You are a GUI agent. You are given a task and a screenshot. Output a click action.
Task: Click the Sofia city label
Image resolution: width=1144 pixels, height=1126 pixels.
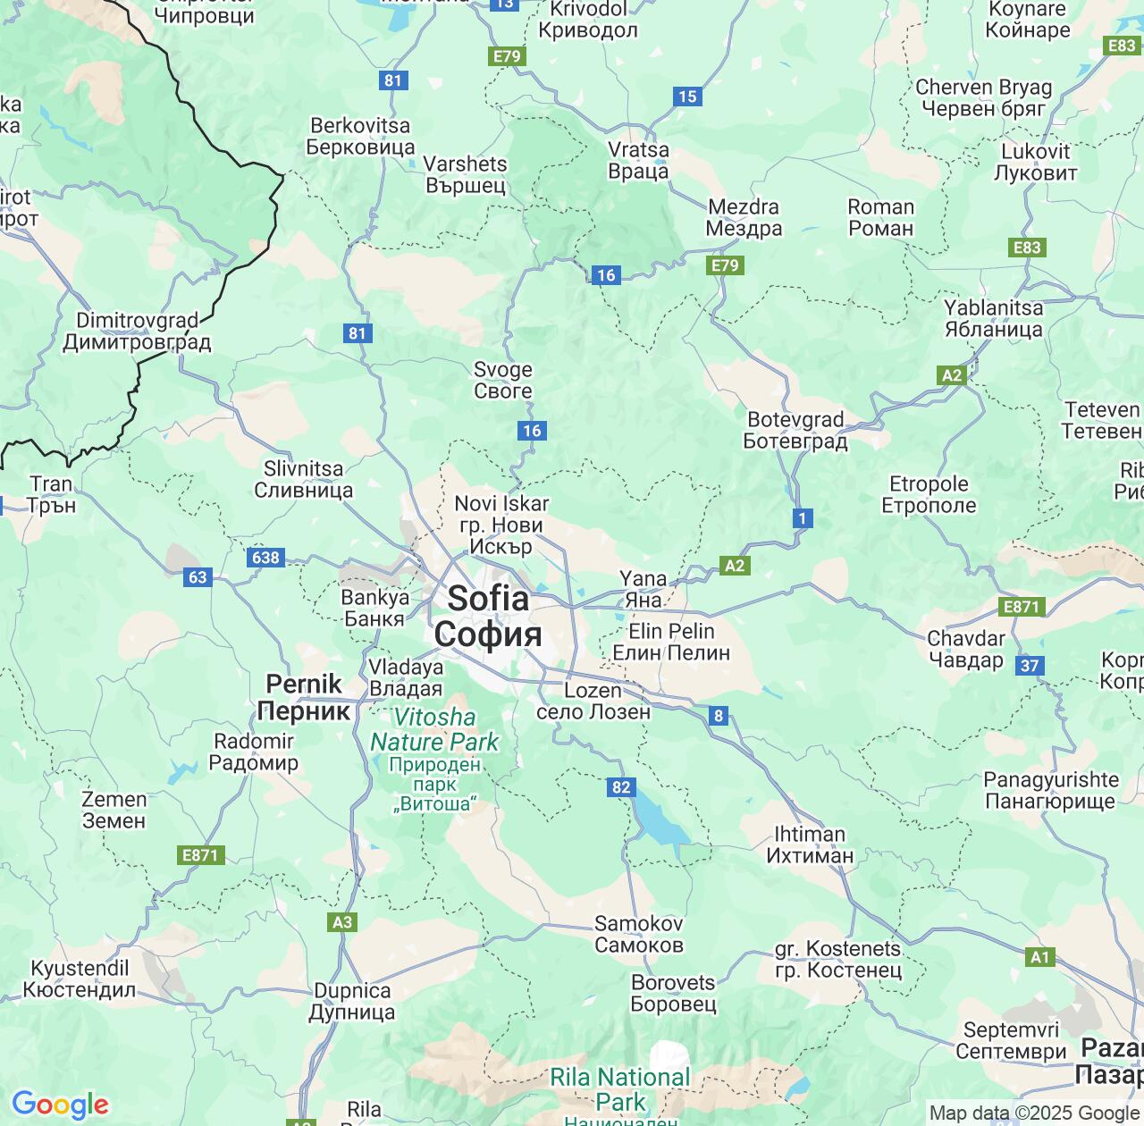pyautogui.click(x=487, y=617)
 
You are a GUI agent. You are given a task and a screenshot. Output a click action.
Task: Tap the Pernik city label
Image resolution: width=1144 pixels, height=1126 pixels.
pyautogui.click(x=304, y=697)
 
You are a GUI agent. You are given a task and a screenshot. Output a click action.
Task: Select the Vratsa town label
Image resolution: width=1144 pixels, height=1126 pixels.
pyautogui.click(x=638, y=161)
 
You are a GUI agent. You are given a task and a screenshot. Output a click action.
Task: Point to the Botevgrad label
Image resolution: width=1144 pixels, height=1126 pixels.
pyautogui.click(x=795, y=430)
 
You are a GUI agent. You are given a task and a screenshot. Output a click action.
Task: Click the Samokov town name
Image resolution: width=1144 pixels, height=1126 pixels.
pyautogui.click(x=639, y=934)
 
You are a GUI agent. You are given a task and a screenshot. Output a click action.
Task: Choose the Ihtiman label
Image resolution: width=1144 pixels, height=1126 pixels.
pyautogui.click(x=810, y=844)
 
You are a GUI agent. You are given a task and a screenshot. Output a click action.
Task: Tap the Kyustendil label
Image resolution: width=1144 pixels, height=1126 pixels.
pyautogui.click(x=80, y=979)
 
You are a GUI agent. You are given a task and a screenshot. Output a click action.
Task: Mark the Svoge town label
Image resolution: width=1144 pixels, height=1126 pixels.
pyautogui.click(x=503, y=380)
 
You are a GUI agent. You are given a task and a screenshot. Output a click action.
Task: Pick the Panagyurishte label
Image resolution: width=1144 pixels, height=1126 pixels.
pyautogui.click(x=1051, y=790)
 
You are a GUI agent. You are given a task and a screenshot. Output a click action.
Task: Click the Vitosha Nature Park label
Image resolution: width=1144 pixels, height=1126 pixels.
pyautogui.click(x=435, y=730)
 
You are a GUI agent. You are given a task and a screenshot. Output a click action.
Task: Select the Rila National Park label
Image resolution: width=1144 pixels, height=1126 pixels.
pyautogui.click(x=620, y=1088)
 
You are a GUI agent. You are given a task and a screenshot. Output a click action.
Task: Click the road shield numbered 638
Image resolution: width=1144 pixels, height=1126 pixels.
pyautogui.click(x=265, y=558)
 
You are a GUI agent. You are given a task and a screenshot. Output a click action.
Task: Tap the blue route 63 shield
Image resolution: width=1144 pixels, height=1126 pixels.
pyautogui.click(x=198, y=576)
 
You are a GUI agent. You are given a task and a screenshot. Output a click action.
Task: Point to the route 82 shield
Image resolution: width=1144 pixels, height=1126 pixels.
pyautogui.click(x=621, y=787)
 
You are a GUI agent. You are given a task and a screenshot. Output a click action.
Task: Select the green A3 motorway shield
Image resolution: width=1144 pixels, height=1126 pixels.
pyautogui.click(x=342, y=921)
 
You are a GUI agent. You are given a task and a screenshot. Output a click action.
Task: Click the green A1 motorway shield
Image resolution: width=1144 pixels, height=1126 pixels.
pyautogui.click(x=1040, y=957)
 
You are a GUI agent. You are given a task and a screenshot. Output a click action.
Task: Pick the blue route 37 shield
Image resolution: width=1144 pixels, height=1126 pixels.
pyautogui.click(x=1030, y=665)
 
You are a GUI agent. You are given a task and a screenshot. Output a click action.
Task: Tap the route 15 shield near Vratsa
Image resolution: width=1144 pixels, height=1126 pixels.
pyautogui.click(x=687, y=97)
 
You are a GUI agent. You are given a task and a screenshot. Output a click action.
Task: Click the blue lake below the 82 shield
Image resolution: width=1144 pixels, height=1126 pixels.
pyautogui.click(x=659, y=824)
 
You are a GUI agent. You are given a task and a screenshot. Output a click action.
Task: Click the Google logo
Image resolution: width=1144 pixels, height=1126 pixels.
pyautogui.click(x=60, y=1105)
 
